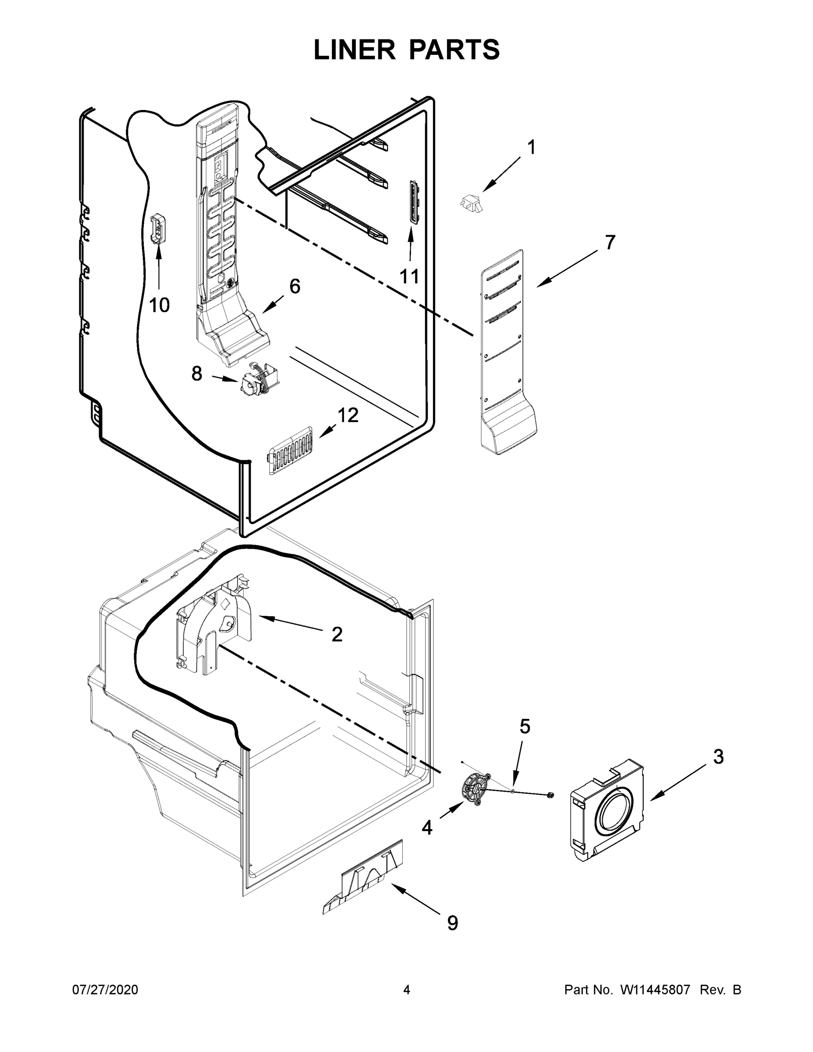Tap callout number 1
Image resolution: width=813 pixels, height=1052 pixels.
click(x=531, y=147)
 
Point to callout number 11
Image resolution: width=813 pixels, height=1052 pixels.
click(x=409, y=277)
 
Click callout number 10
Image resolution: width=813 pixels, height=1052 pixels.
click(x=159, y=305)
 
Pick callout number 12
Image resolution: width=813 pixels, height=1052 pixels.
click(x=348, y=415)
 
